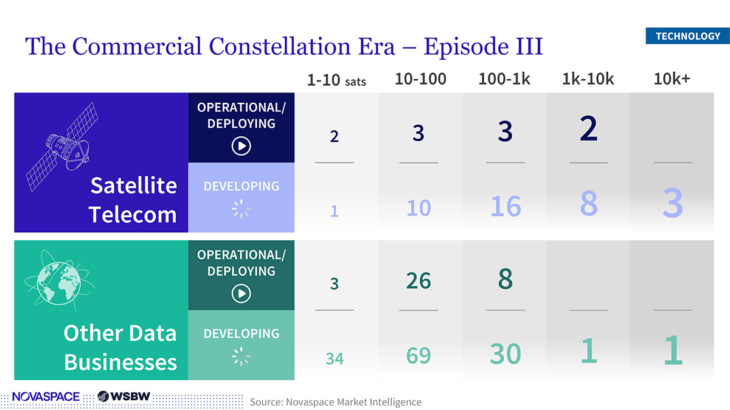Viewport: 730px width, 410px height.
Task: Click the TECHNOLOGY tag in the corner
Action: point(687,36)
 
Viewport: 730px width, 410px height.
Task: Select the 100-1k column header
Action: point(505,78)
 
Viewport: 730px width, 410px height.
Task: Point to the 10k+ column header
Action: point(672,78)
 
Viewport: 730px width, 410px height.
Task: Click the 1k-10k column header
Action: point(588,78)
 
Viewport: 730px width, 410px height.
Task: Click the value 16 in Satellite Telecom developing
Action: point(505,206)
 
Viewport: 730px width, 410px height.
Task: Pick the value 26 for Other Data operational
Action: point(419,281)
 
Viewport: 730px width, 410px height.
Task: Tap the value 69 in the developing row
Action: point(419,355)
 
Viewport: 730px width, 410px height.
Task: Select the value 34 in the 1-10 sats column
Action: point(334,358)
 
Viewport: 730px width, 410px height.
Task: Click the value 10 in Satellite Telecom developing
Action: point(419,208)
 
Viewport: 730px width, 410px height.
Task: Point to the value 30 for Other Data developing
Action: point(505,354)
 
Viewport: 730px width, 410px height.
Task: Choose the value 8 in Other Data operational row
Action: point(505,279)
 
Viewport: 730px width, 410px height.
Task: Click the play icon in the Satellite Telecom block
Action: point(242,146)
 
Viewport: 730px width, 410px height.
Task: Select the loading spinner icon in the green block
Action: point(242,357)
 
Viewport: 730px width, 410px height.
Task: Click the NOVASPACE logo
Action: point(46,397)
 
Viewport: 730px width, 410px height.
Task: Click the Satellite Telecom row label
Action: point(133,200)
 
